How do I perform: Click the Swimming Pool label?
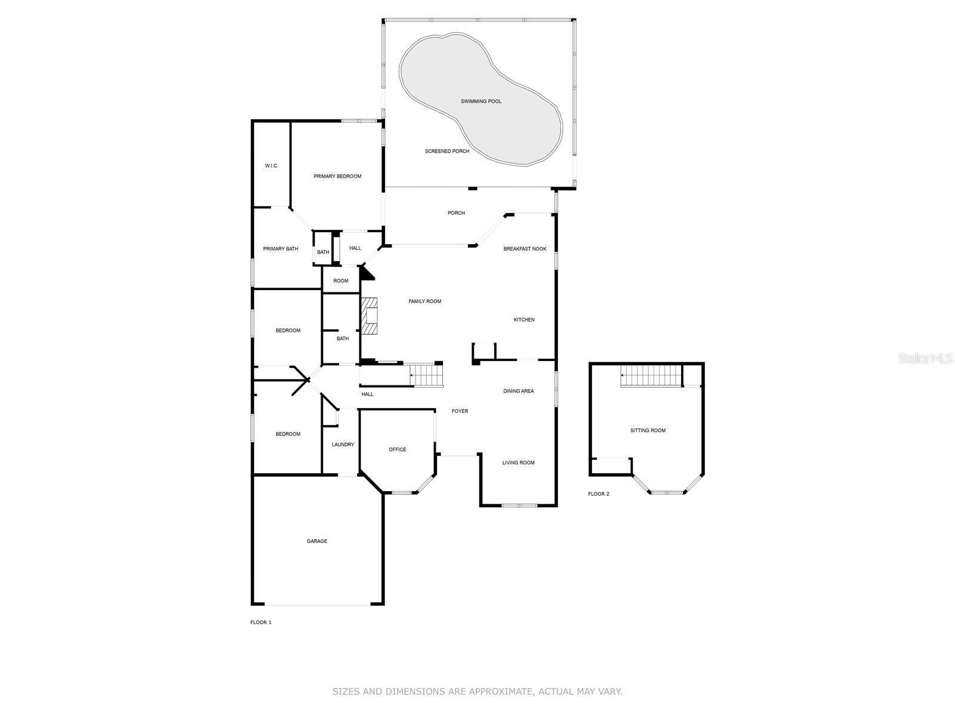pyautogui.click(x=480, y=101)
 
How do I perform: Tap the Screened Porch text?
pyautogui.click(x=446, y=151)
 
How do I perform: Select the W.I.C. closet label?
pyautogui.click(x=271, y=166)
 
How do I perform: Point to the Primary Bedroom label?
pyautogui.click(x=337, y=176)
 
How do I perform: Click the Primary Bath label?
pyautogui.click(x=281, y=249)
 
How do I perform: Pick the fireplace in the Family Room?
pyautogui.click(x=370, y=316)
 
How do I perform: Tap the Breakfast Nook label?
pyautogui.click(x=525, y=249)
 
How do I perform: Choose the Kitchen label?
pyautogui.click(x=524, y=320)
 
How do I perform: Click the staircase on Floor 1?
pyautogui.click(x=427, y=376)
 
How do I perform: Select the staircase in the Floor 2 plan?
pyautogui.click(x=651, y=376)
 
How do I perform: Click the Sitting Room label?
pyautogui.click(x=648, y=430)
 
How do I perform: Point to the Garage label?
pyautogui.click(x=317, y=541)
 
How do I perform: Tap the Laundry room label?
pyautogui.click(x=343, y=445)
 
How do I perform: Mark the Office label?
pyautogui.click(x=398, y=449)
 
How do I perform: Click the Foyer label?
pyautogui.click(x=460, y=411)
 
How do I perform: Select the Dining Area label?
pyautogui.click(x=518, y=391)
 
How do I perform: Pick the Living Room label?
pyautogui.click(x=518, y=462)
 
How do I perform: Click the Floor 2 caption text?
pyautogui.click(x=599, y=494)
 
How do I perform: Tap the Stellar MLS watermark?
pyautogui.click(x=925, y=358)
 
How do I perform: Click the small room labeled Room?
pyautogui.click(x=341, y=281)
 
